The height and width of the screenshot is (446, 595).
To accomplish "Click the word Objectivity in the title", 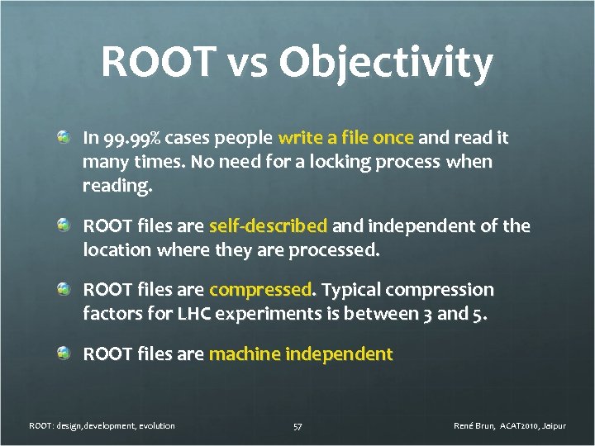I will pyautogui.click(x=386, y=64).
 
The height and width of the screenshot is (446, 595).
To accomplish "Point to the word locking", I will pyautogui.click(x=336, y=162).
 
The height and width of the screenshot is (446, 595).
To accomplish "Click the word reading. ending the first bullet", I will pyautogui.click(x=117, y=186).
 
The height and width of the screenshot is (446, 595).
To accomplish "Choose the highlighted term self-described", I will pyautogui.click(x=269, y=226).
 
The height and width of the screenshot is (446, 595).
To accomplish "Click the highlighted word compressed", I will pyautogui.click(x=261, y=290).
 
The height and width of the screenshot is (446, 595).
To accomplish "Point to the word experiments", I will pyautogui.click(x=264, y=314).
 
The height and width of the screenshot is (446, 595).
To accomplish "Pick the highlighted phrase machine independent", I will pyautogui.click(x=301, y=354).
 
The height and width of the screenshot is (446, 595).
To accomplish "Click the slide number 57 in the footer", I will pyautogui.click(x=297, y=426).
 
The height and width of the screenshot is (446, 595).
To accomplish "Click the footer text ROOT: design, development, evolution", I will pyautogui.click(x=102, y=426).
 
